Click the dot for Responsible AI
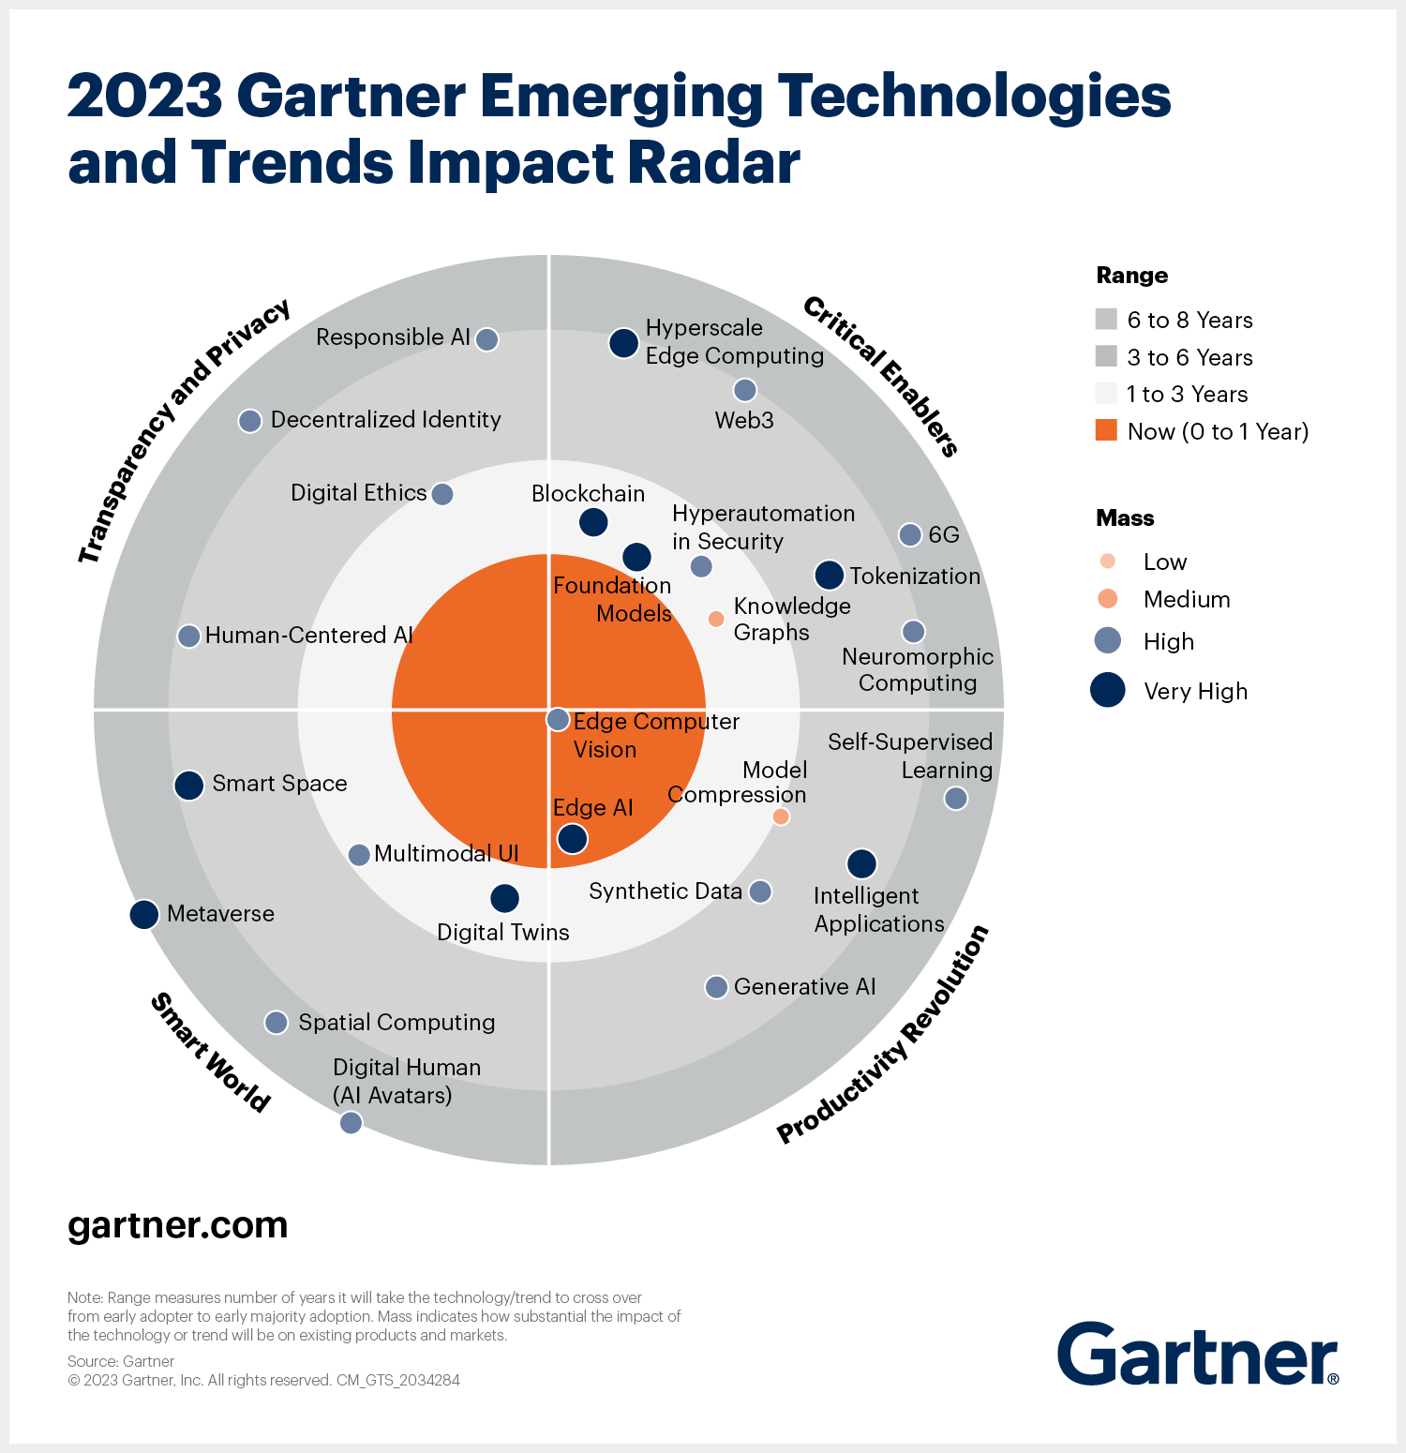tap(486, 339)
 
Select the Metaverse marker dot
tap(144, 914)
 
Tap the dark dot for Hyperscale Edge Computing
tap(624, 343)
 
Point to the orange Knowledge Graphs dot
tap(716, 619)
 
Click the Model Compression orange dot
tap(781, 816)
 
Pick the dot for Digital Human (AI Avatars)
tap(351, 1122)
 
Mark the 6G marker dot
tap(910, 534)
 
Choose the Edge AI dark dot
tap(573, 838)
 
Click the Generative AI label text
tap(804, 986)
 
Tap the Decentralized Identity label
tap(385, 419)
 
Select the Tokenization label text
tap(915, 576)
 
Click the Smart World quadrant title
tap(211, 1053)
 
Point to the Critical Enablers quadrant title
tap(881, 376)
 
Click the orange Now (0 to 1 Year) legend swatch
tap(1106, 430)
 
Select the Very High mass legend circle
tap(1108, 690)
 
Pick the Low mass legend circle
tap(1108, 562)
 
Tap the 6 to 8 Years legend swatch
tap(1106, 320)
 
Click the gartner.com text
tap(178, 1225)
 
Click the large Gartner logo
tap(1198, 1354)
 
